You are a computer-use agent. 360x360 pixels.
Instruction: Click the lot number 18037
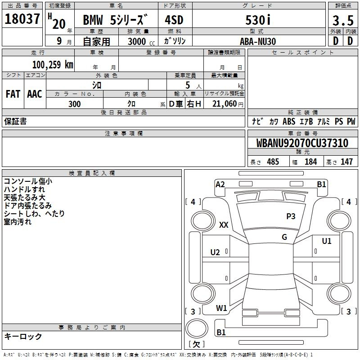22,19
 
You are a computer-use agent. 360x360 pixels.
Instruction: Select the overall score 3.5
343,20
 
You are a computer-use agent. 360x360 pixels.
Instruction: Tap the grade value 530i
258,20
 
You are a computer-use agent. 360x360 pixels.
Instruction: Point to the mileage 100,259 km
53,65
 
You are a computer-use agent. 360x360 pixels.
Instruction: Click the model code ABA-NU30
258,41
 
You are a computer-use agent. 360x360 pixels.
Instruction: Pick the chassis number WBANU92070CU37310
302,143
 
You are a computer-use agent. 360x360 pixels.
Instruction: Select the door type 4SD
174,20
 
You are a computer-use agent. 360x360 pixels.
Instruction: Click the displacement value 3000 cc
141,41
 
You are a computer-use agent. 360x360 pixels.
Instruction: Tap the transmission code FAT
13,94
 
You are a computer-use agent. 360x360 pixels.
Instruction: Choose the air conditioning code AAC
35,94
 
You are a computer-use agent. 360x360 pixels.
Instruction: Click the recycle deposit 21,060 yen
228,104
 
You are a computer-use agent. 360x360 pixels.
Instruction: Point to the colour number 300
75,104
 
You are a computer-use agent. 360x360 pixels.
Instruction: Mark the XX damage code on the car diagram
224,225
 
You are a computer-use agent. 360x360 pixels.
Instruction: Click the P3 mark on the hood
291,216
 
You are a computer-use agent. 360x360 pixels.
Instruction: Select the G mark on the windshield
284,237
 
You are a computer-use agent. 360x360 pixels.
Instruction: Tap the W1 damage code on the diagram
221,308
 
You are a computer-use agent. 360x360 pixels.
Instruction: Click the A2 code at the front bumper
220,184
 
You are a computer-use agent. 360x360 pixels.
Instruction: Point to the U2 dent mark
215,252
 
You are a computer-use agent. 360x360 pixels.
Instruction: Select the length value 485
273,162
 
